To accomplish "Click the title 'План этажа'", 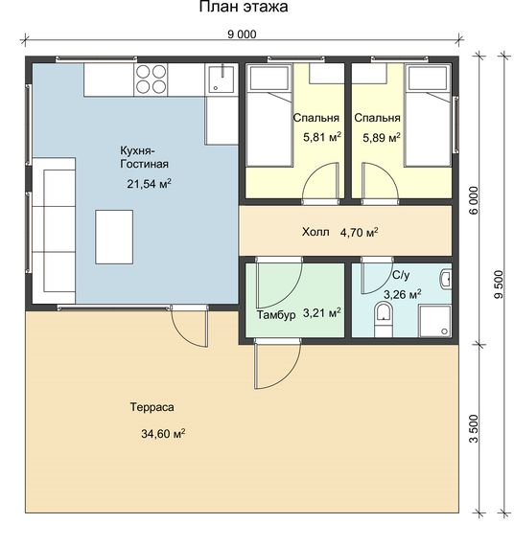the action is [x=244, y=7].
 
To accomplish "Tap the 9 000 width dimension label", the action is [x=242, y=34].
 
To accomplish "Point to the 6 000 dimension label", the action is [x=474, y=200].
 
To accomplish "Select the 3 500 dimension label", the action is [x=474, y=429].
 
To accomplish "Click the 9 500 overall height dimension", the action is [x=499, y=285].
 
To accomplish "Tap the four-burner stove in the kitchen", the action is [x=151, y=80].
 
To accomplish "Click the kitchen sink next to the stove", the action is [x=222, y=79].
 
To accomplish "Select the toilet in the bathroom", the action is [x=384, y=319].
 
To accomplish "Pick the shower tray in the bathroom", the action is [x=434, y=321].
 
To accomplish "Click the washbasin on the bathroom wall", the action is [x=446, y=279].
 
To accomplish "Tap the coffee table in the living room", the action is [x=114, y=237].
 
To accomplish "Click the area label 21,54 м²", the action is [x=149, y=184].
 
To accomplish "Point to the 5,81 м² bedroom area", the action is [x=322, y=137].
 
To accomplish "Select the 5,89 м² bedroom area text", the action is [x=382, y=137].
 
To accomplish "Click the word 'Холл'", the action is [x=315, y=232].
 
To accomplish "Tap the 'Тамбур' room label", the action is [x=276, y=314].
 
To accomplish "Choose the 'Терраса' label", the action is [x=152, y=407].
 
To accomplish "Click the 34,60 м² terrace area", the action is [x=163, y=434].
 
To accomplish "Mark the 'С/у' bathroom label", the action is [x=401, y=275].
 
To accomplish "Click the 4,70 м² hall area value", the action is [x=359, y=232].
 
